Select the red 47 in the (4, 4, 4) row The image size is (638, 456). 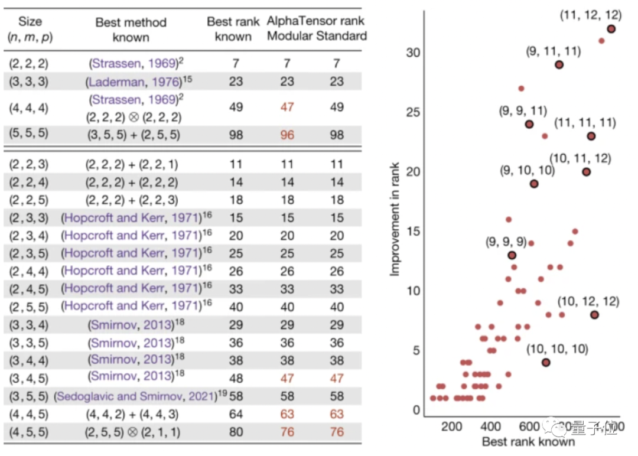click(287, 108)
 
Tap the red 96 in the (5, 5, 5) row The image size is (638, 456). click(287, 135)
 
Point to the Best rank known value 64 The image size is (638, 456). click(236, 415)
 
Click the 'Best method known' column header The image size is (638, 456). click(131, 30)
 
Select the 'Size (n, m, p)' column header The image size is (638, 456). click(30, 30)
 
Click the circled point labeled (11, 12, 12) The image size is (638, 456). click(611, 28)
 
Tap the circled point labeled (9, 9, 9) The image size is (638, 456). click(512, 255)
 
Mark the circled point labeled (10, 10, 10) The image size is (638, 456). click(546, 362)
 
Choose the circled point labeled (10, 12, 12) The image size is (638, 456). click(594, 315)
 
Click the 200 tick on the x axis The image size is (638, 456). click(451, 426)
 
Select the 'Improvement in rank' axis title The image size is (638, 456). click(395, 219)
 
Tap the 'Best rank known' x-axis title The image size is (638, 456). click(528, 442)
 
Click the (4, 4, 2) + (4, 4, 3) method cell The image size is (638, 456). click(131, 415)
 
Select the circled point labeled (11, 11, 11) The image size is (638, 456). click(591, 136)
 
